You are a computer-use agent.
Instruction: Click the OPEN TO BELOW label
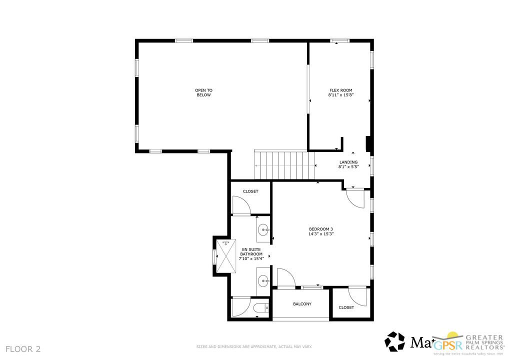coord(203,92)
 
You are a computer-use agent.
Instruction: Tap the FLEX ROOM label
coord(340,90)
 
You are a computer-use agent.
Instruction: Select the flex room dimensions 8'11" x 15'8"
coord(340,95)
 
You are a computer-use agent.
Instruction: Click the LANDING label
coord(348,162)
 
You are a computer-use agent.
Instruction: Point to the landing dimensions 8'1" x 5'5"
coord(348,167)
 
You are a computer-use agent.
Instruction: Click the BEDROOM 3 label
coord(321,229)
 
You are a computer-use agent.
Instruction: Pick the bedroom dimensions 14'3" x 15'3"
coord(321,233)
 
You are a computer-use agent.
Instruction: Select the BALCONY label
coord(302,304)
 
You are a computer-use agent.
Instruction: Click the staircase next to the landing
coord(285,164)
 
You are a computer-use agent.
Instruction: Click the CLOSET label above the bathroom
coord(250,191)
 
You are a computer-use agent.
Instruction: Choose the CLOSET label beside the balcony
coord(346,307)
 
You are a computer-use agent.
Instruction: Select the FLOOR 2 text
coord(23,348)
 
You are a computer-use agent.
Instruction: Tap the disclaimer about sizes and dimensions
coord(254,346)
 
